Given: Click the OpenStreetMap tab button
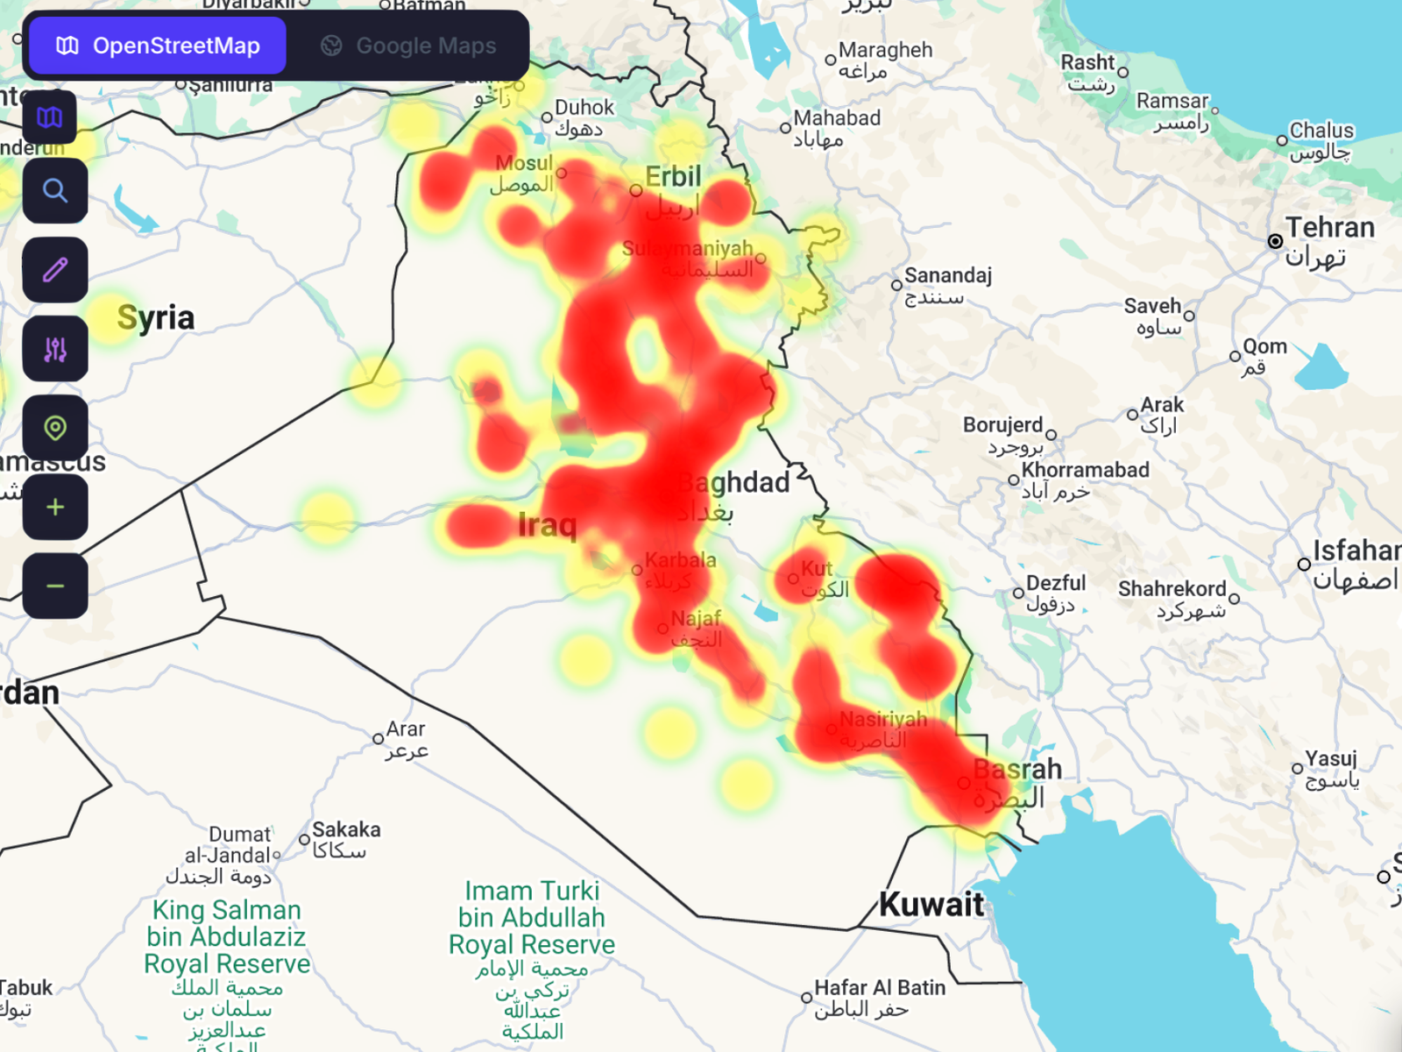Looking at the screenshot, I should (158, 46).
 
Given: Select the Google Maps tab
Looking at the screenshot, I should (408, 46).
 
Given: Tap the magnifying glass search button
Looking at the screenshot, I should (55, 191).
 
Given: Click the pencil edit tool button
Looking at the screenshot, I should (55, 270).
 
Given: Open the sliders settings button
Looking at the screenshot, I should (55, 350).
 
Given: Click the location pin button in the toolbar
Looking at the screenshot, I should (55, 429).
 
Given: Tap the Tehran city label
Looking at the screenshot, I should (1329, 228).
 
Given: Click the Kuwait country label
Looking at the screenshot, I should (931, 905).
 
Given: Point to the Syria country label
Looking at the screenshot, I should (155, 317).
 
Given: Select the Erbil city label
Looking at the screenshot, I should (673, 177).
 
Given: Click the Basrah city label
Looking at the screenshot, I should (1017, 770).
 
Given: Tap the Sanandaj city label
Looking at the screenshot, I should (947, 276).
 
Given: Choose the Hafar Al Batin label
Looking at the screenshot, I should (880, 988).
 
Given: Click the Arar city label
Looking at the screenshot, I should (405, 729).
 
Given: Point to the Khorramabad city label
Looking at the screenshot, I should (1085, 470).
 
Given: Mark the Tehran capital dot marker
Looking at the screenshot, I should (1275, 241).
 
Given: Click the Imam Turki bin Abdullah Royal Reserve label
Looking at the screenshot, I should (532, 918).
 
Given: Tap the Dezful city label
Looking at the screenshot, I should (1055, 583).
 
